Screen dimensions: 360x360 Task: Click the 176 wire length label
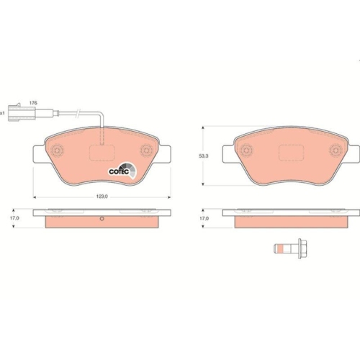33,103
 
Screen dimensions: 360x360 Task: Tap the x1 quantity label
2,112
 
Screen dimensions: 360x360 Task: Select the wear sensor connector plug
22,112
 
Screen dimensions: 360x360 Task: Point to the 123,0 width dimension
102,197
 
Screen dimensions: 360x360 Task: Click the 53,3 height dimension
204,156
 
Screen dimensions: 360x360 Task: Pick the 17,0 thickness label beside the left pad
14,218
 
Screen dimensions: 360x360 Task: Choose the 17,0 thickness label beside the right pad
204,218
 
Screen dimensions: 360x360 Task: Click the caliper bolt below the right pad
291,248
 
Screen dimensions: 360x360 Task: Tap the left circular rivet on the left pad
57,150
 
